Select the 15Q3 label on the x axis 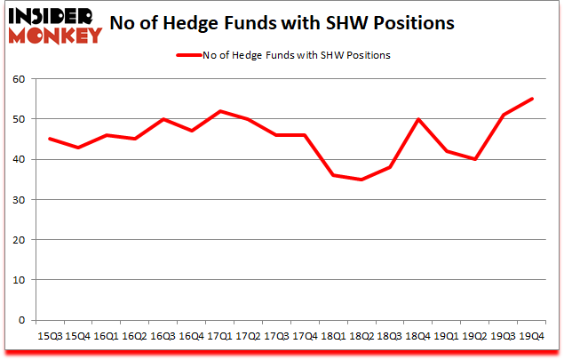click(49, 336)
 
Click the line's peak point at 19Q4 click(531, 99)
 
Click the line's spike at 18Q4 click(418, 119)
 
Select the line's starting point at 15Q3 click(49, 139)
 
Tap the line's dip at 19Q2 click(475, 159)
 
